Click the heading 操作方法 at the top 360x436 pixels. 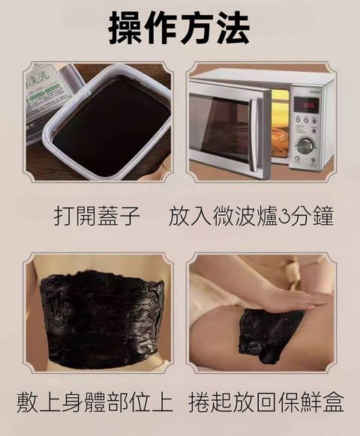point(179,28)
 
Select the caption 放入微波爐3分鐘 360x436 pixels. point(251,217)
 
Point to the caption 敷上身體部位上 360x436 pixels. point(90,403)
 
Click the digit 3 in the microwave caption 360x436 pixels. point(289,217)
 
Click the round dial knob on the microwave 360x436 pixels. point(305,145)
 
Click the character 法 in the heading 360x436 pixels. point(227,28)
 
